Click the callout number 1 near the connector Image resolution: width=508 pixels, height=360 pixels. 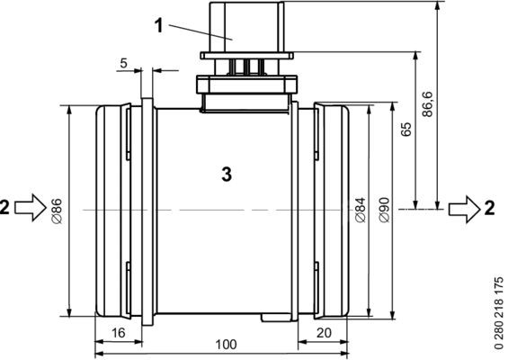coord(159,26)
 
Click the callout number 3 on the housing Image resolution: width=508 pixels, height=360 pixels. coord(227,174)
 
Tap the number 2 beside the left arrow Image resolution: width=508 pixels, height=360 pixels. coord(6,208)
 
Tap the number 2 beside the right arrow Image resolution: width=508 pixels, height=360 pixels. coord(490,208)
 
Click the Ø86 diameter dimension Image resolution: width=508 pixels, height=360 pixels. coord(56,210)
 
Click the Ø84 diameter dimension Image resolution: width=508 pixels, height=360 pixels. coord(360,210)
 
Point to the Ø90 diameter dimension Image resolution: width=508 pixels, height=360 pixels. coord(385,210)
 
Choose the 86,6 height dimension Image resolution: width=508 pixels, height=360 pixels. coord(427,104)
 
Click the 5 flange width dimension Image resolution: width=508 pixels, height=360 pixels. coord(123,64)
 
